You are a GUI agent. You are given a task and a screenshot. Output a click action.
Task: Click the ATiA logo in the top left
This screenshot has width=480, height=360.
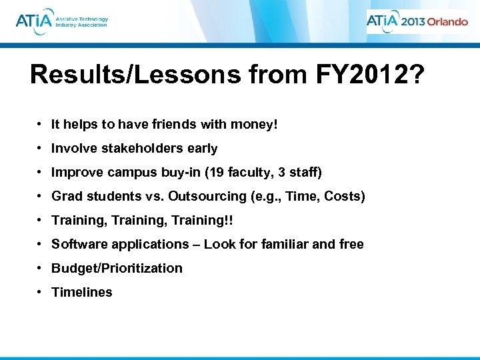pyautogui.click(x=61, y=20)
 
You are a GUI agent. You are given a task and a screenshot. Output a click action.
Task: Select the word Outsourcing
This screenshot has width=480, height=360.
pyautogui.click(x=210, y=196)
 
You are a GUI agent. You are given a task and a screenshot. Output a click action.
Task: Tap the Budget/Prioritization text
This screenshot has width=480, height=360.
pyautogui.click(x=117, y=268)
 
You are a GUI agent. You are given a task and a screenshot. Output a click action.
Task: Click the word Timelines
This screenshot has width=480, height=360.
pyautogui.click(x=82, y=292)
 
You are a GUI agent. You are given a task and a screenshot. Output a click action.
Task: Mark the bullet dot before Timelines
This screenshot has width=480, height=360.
pyautogui.click(x=41, y=292)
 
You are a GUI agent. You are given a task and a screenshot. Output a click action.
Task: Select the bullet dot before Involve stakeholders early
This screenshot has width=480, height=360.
pyautogui.click(x=41, y=148)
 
